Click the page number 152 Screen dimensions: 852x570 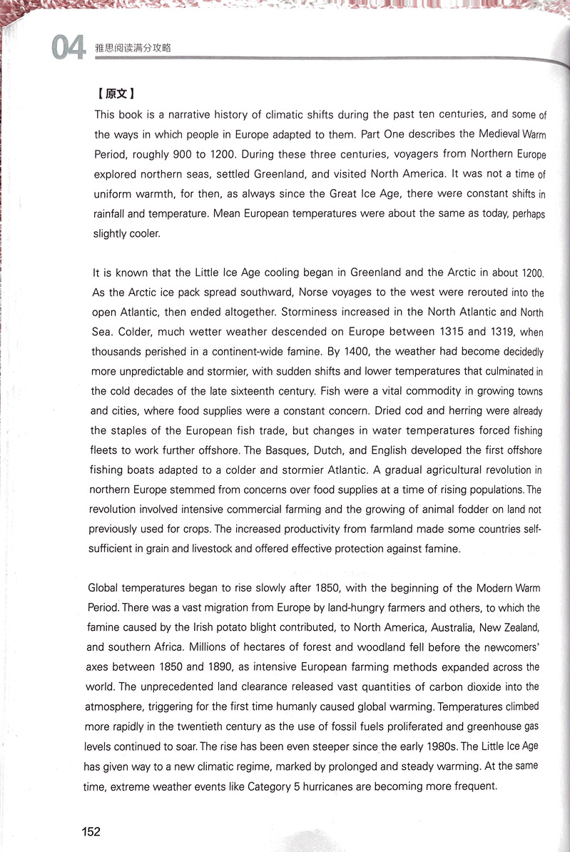pos(91,831)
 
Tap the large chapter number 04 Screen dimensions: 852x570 pos(68,49)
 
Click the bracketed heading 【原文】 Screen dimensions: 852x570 pos(115,94)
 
